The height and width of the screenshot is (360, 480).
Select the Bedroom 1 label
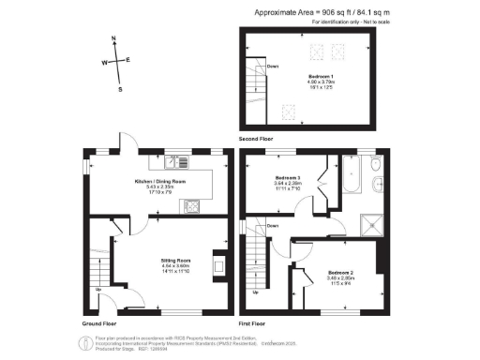pos(321,76)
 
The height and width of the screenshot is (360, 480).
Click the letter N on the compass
pos(113,39)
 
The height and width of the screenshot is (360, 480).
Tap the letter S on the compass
pos(120,90)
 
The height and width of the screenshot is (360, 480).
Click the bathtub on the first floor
pos(353,172)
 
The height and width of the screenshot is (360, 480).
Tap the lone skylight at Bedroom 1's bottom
pos(291,113)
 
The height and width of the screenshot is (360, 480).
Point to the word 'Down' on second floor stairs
pos(273,67)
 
